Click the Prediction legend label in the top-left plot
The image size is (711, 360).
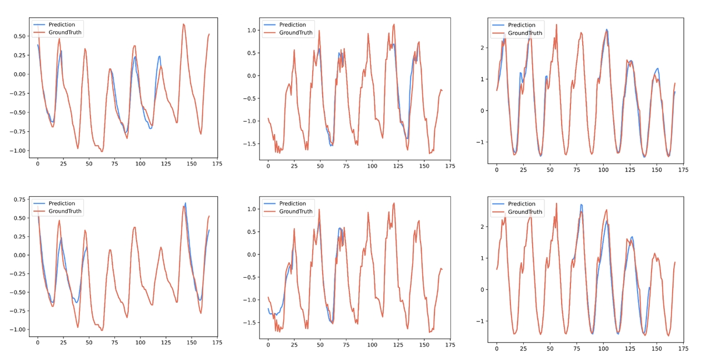click(62, 24)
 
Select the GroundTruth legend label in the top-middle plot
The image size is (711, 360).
click(296, 33)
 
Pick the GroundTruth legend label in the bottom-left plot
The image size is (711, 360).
click(65, 211)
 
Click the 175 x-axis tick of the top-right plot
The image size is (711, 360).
click(683, 169)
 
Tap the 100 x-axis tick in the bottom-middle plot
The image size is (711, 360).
click(371, 344)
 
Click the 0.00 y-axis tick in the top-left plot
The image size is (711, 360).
click(18, 74)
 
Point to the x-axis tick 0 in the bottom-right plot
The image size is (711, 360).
click(497, 348)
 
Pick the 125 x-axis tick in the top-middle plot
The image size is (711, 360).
click(397, 166)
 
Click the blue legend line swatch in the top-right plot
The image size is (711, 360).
click(498, 25)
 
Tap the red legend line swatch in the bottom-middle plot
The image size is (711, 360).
click(269, 212)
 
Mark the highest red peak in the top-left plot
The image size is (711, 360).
click(183, 24)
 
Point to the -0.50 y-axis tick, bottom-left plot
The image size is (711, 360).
click(18, 292)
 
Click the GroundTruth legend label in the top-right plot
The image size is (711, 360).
click(524, 33)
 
